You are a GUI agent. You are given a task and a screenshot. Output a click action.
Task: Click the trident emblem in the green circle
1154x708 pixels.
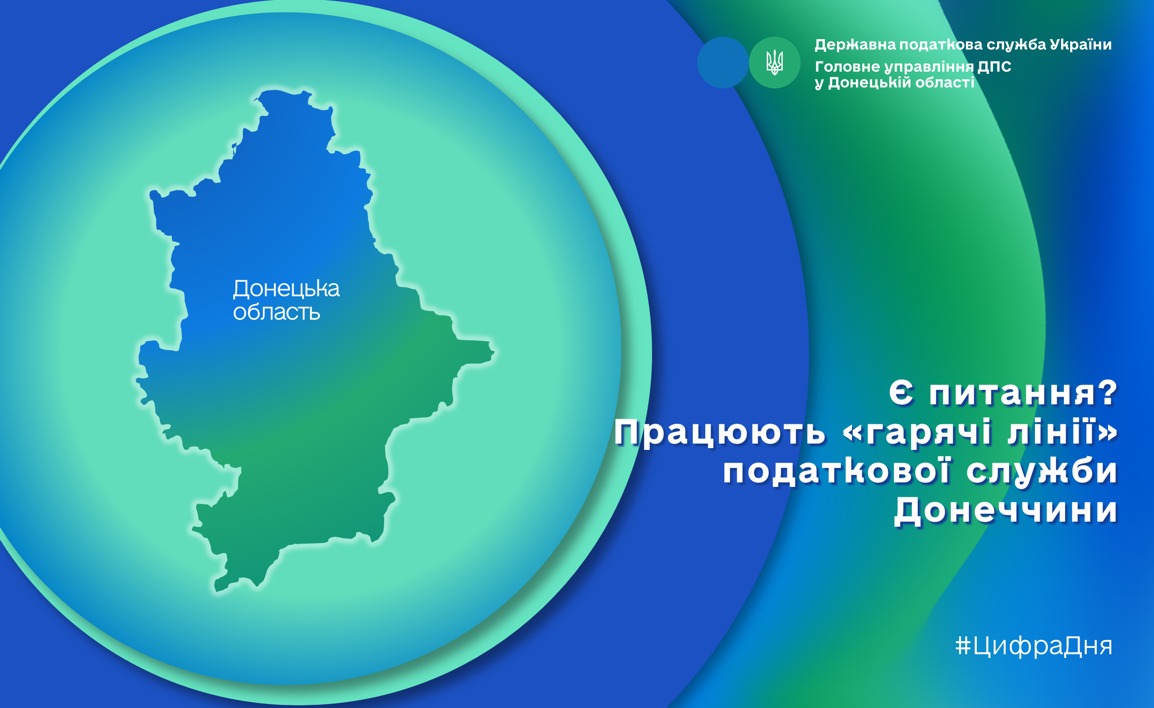(x=774, y=63)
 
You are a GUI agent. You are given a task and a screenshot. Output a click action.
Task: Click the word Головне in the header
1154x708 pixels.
(x=847, y=66)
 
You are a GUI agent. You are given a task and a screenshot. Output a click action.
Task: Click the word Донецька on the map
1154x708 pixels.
(x=286, y=289)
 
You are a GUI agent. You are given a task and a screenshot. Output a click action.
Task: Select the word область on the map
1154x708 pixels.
(x=276, y=312)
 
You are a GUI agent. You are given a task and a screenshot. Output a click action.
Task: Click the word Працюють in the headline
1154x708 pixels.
(x=720, y=432)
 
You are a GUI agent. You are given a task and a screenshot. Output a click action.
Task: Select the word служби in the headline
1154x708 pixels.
(x=1042, y=472)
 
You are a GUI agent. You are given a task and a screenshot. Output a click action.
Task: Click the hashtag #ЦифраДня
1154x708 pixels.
(x=1034, y=646)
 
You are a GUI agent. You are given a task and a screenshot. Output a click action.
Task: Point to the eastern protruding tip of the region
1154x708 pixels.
(x=494, y=351)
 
